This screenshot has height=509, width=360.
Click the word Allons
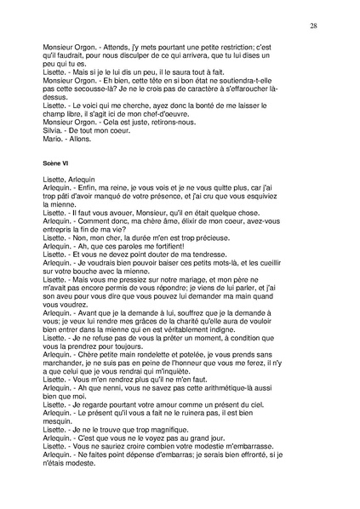pyautogui.click(x=89, y=140)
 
